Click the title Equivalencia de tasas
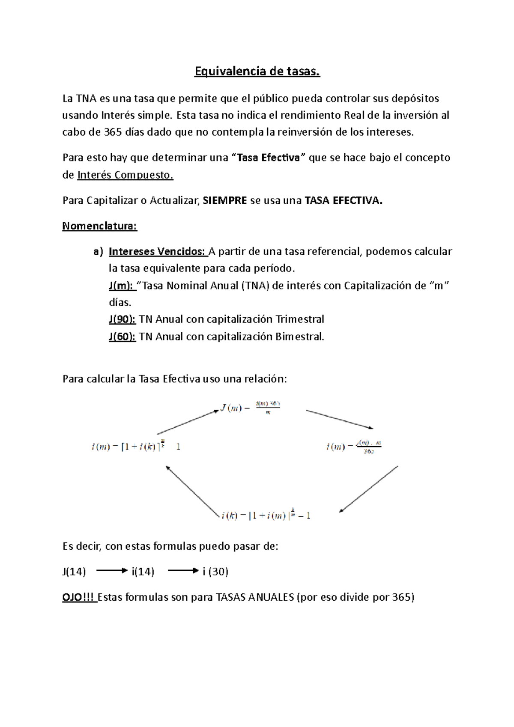(x=257, y=71)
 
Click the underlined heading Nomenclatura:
(x=99, y=226)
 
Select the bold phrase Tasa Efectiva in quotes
(x=268, y=158)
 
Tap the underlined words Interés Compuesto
(x=125, y=175)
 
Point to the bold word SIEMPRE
(x=225, y=200)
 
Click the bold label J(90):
(x=122, y=319)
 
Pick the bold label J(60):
(x=122, y=337)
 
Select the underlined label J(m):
(x=121, y=286)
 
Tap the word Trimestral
(x=299, y=319)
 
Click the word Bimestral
(x=299, y=337)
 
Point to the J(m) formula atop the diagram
(x=251, y=408)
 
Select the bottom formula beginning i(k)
(x=266, y=515)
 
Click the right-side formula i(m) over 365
(x=353, y=447)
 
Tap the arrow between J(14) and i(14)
(x=112, y=571)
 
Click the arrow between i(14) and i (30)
(x=183, y=571)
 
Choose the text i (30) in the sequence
(x=215, y=572)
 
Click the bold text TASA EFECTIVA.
(x=343, y=200)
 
